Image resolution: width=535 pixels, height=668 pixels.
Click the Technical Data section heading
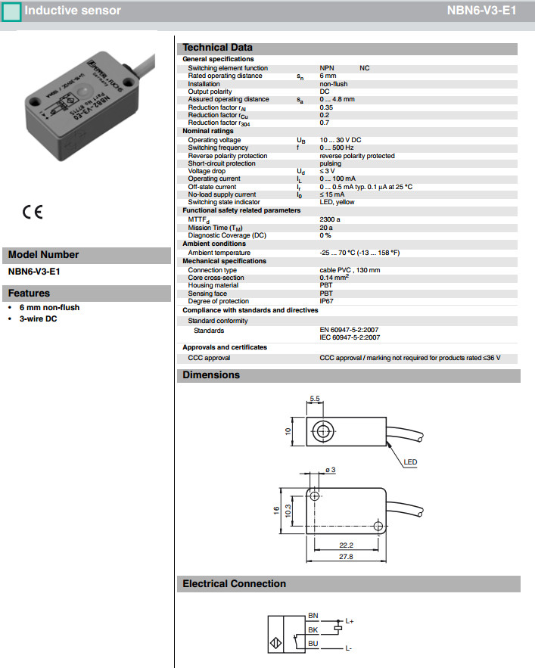point(217,48)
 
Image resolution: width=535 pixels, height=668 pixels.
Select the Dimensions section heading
point(211,375)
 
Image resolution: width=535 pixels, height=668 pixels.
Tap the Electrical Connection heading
point(234,584)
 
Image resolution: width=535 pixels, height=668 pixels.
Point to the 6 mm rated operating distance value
point(328,76)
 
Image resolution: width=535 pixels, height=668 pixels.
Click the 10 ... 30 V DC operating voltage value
point(341,140)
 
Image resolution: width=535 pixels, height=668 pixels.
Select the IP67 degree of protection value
point(327,301)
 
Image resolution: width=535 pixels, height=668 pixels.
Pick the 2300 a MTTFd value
point(330,219)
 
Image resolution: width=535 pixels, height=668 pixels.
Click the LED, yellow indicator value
point(337,202)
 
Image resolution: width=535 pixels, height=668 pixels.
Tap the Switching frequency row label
point(219,148)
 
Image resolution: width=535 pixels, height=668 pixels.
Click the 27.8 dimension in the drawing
point(346,557)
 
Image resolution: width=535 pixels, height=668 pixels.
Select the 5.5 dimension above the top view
point(315,398)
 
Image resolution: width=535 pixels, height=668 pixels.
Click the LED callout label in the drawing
point(409,462)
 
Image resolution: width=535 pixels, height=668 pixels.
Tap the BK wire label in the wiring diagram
point(313,629)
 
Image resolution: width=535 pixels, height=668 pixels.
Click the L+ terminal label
point(350,621)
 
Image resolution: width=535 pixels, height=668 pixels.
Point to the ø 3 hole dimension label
point(331,471)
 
